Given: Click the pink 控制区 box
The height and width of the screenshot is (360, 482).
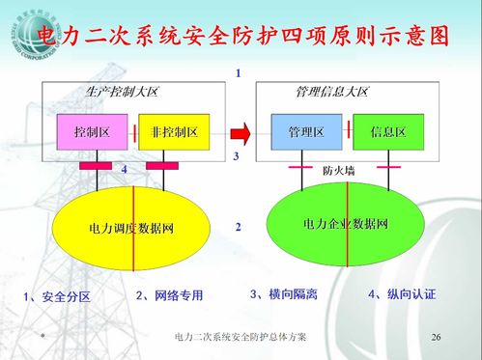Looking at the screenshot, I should [x=94, y=131].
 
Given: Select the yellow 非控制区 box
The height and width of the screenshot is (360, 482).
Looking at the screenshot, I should [x=174, y=131].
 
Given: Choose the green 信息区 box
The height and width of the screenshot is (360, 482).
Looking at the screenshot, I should [x=386, y=131].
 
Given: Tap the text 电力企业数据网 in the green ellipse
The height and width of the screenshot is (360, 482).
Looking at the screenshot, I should [x=345, y=224].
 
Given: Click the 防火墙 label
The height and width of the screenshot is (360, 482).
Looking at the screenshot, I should [x=338, y=170].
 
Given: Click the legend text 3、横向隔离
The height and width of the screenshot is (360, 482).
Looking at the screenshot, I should [x=282, y=293].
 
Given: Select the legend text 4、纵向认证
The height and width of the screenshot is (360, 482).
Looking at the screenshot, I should [x=401, y=293].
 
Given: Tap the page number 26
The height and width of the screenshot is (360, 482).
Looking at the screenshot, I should [x=436, y=337].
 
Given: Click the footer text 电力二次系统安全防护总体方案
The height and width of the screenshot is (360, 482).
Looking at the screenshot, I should [x=241, y=337].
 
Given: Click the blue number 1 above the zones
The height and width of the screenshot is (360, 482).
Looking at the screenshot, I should [x=238, y=73].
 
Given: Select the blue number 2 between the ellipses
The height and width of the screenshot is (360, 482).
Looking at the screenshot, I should [x=238, y=228].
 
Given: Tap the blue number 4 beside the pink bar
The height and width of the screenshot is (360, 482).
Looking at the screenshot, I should [x=125, y=170].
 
